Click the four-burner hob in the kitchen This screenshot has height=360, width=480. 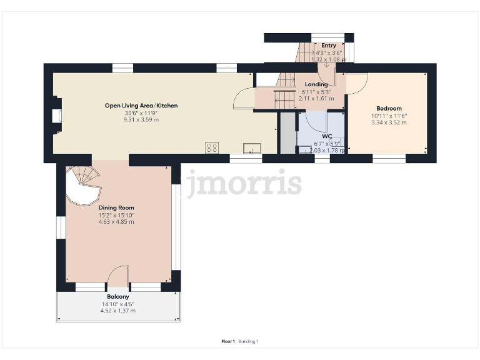[212, 147]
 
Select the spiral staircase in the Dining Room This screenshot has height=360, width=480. [83, 186]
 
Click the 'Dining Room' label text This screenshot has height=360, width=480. [116, 207]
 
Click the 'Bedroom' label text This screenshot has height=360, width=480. [389, 108]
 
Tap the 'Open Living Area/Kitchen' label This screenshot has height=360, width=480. [141, 106]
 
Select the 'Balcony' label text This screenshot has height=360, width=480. [118, 296]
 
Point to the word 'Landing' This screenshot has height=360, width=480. [316, 84]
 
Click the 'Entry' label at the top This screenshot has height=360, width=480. [328, 46]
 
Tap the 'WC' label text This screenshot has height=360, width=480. [326, 136]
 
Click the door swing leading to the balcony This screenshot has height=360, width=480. [117, 275]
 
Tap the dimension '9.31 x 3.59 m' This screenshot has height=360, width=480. [141, 119]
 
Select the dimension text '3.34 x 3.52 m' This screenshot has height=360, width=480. [389, 122]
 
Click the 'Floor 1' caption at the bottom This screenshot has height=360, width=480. [228, 341]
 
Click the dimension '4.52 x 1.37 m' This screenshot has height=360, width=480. [118, 311]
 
